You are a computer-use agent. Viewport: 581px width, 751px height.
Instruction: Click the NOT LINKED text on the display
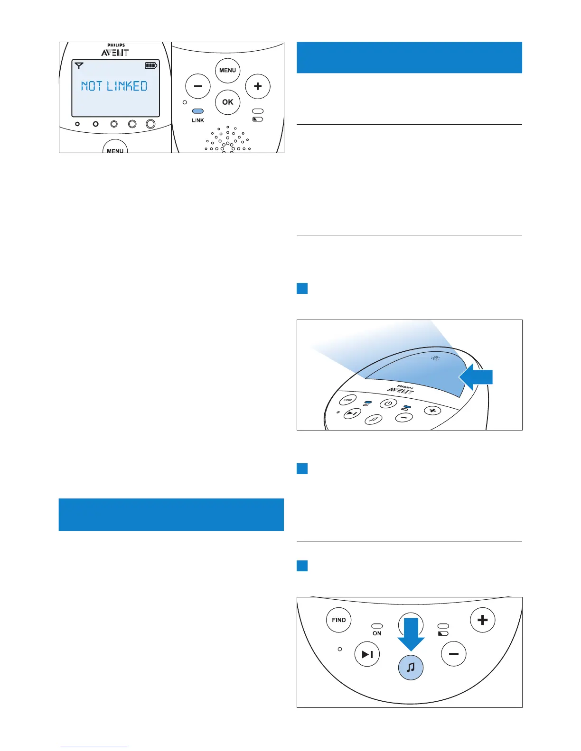[114, 86]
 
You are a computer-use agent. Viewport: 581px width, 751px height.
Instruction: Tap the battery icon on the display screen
[151, 66]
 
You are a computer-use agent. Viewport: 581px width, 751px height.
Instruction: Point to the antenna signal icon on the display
[79, 66]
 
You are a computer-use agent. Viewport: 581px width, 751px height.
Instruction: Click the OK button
[228, 102]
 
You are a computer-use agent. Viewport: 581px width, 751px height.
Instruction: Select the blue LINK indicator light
[198, 111]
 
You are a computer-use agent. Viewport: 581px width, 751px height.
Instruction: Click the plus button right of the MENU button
[258, 86]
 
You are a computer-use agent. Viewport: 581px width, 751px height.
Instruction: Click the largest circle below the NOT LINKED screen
[150, 124]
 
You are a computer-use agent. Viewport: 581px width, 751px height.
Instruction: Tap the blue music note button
[411, 667]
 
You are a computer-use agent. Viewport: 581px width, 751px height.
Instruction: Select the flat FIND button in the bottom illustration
[339, 620]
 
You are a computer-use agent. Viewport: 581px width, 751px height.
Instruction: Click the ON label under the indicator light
[377, 633]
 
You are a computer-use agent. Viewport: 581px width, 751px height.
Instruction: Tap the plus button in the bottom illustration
[483, 620]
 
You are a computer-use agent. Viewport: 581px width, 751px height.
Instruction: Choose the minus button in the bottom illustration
[454, 654]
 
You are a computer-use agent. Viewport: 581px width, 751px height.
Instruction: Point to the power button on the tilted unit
[388, 403]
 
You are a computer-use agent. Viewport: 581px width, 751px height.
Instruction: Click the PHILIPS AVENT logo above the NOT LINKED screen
[115, 50]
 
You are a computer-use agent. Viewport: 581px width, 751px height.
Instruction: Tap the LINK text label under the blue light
[198, 120]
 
